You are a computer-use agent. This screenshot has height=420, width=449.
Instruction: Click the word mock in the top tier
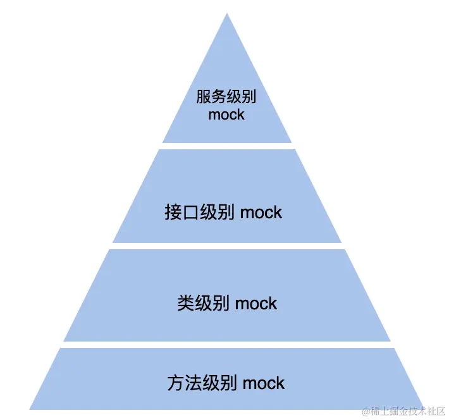[x=226, y=115]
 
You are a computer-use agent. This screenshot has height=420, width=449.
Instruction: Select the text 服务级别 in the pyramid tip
[x=226, y=97]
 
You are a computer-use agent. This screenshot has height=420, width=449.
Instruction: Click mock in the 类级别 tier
[x=256, y=303]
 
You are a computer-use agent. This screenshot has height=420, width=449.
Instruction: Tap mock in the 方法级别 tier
[x=264, y=383]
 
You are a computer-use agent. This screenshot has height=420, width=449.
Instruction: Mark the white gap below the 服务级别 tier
[x=227, y=146]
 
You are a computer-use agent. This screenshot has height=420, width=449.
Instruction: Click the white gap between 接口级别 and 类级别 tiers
[x=227, y=246]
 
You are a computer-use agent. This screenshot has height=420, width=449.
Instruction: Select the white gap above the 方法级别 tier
[x=227, y=345]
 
